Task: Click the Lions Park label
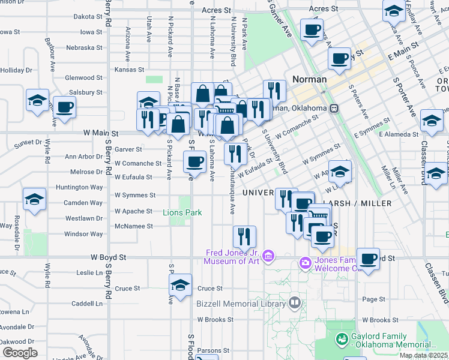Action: coord(182,212)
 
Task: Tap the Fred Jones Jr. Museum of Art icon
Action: coord(268,257)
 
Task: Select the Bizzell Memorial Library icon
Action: coord(294,303)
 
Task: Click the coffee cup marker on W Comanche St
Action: coord(194,161)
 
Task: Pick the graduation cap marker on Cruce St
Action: coord(181,285)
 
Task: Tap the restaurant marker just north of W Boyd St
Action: coord(244,236)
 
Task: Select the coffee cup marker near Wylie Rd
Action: coord(64,107)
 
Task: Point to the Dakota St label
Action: coord(88,17)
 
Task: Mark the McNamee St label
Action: coord(134,226)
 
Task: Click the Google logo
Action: coord(20,352)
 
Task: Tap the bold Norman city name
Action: coord(309,79)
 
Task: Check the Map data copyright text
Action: coord(423,355)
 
